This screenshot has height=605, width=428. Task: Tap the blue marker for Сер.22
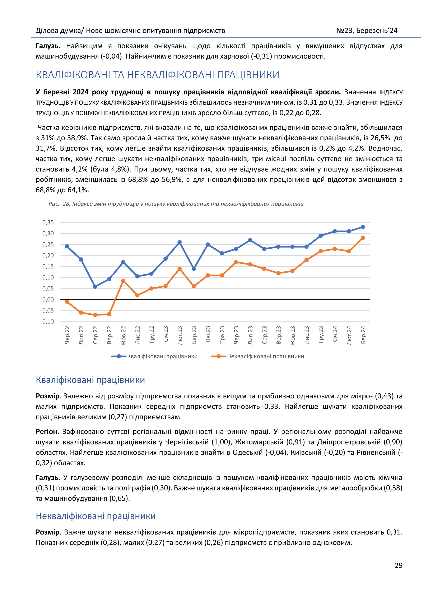[95, 287]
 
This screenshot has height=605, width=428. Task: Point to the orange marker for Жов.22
[123, 281]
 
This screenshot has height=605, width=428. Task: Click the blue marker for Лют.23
[180, 242]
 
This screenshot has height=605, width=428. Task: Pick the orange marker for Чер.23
[236, 262]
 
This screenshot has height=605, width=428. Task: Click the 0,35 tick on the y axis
[48, 222]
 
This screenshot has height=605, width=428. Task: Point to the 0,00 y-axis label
[48, 300]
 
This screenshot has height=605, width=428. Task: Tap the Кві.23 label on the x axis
[208, 334]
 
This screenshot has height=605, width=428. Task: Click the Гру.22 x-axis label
[152, 335]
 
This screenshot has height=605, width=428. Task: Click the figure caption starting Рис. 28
[176, 204]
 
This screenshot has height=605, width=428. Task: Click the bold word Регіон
[46, 432]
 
